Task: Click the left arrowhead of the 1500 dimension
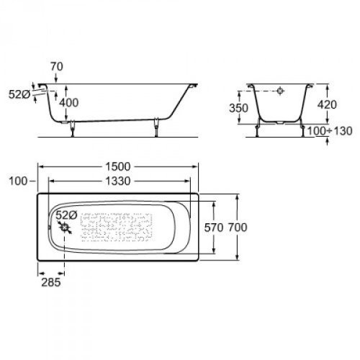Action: click(40, 168)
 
